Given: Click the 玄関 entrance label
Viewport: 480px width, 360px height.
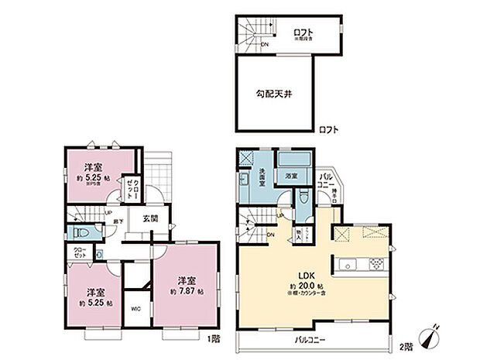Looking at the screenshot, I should pos(150,218).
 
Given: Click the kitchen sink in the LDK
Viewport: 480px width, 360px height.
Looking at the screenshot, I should pos(347,260).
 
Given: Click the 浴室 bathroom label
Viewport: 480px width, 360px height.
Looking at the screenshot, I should pos(293,177).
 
